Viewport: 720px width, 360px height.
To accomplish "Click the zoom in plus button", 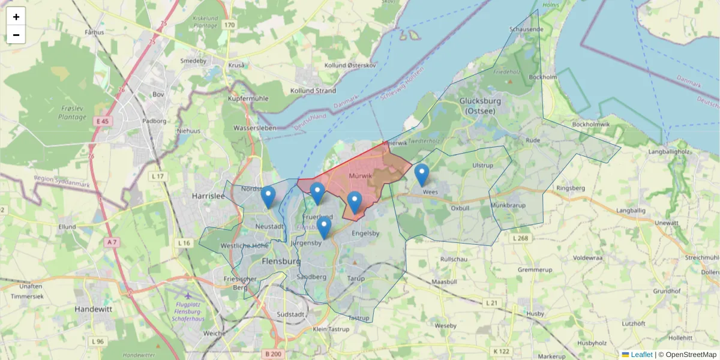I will point(16,17).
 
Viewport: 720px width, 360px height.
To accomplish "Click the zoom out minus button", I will point(16,35).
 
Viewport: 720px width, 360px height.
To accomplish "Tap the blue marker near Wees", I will point(422,175).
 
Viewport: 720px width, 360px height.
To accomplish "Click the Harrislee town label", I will point(207,196).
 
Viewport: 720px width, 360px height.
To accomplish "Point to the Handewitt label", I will point(95,308).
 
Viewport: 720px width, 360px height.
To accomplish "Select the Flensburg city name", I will point(281,262).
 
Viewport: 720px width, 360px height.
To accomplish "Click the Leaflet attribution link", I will point(641,355).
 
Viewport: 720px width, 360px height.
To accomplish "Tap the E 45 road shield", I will point(102,121).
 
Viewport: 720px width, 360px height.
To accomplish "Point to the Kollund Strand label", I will point(313,91).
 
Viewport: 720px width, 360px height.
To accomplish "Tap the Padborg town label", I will point(154,120).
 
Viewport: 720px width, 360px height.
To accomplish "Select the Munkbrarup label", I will point(508,205).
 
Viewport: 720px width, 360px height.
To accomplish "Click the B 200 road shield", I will point(273,354).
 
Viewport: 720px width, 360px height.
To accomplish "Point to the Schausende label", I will point(526,29).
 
